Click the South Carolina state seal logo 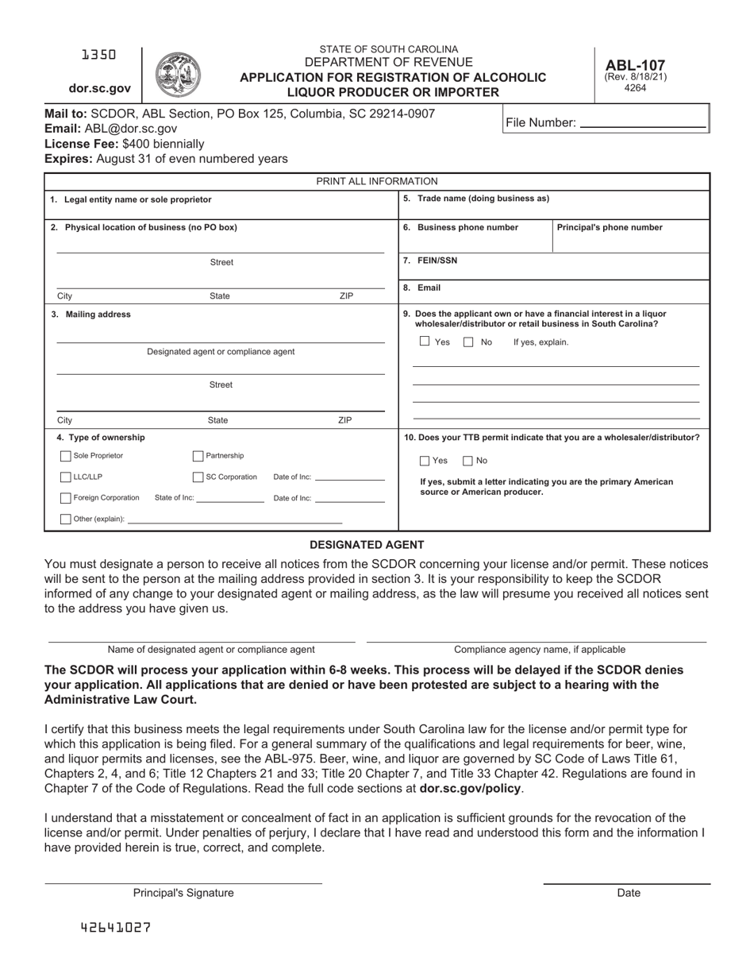[178, 75]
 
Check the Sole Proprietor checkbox [66, 457]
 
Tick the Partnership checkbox [198, 457]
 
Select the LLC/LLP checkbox [66, 477]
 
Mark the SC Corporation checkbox [198, 477]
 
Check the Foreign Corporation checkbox [66, 498]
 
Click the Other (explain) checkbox [66, 519]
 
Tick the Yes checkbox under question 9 [425, 342]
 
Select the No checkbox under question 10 [468, 461]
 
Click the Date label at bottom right [628, 893]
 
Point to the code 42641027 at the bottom [116, 927]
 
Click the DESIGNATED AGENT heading [367, 545]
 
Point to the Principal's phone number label [610, 227]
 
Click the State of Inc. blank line [230, 500]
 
